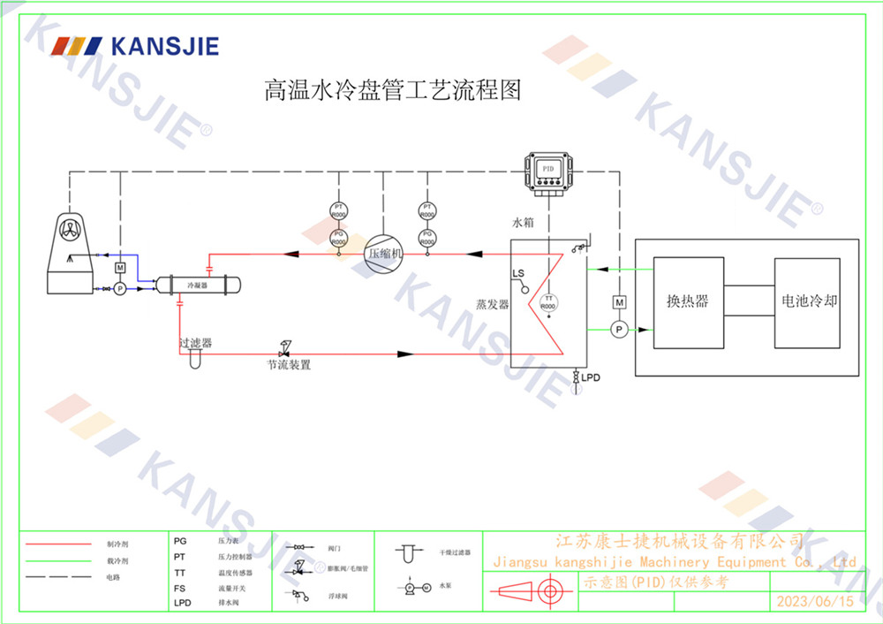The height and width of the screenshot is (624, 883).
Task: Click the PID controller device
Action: pyautogui.click(x=548, y=170)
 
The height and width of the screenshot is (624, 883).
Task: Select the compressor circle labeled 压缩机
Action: pyautogui.click(x=384, y=252)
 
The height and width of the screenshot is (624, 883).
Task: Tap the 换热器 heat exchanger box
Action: pyautogui.click(x=688, y=301)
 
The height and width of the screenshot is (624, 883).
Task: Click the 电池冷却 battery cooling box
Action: pyautogui.click(x=806, y=301)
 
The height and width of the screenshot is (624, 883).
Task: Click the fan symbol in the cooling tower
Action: pyautogui.click(x=72, y=228)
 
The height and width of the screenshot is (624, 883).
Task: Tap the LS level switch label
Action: pyautogui.click(x=518, y=274)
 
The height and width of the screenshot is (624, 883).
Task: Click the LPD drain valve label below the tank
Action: pyautogui.click(x=591, y=377)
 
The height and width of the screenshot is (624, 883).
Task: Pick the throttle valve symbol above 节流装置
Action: pyautogui.click(x=285, y=347)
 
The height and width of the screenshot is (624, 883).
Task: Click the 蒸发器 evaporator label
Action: pyautogui.click(x=492, y=304)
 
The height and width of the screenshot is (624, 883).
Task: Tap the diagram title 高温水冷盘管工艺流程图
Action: pyautogui.click(x=393, y=90)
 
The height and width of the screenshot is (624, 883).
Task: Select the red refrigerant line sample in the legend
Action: pyautogui.click(x=58, y=544)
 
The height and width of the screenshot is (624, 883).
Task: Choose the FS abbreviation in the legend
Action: pyautogui.click(x=180, y=589)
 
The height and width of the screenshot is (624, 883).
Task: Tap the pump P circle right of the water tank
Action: pyautogui.click(x=619, y=330)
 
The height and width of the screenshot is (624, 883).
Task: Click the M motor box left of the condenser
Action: pyautogui.click(x=120, y=268)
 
